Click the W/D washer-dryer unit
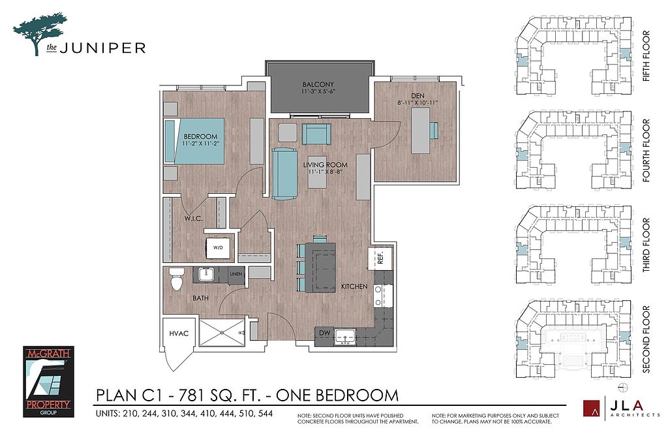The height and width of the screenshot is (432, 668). [218, 247]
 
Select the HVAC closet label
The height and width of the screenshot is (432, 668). [179, 333]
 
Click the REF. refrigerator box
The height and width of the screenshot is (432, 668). [380, 257]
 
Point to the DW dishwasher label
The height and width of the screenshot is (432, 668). [325, 332]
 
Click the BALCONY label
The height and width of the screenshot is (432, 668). [318, 84]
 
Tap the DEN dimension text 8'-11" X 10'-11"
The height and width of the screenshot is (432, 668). [417, 102]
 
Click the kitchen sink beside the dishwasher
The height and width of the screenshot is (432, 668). [345, 337]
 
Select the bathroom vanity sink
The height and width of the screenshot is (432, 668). [206, 274]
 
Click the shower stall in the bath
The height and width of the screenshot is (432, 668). [222, 333]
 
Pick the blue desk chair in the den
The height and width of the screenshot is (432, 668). [434, 130]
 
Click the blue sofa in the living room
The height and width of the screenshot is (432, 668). [285, 174]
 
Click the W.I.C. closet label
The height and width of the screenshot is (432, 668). [193, 219]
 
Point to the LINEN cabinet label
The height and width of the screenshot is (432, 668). [235, 274]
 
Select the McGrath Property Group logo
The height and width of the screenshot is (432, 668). [48, 381]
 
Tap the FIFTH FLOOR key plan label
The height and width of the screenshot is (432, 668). [646, 56]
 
